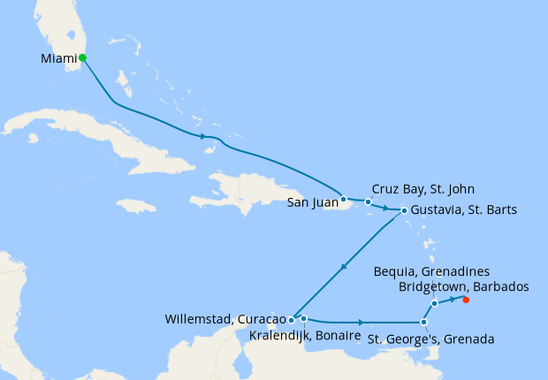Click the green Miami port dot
82,57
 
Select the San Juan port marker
343,199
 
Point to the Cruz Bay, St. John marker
369,202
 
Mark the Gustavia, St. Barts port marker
404,210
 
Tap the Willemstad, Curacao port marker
291,320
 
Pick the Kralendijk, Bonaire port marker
303,318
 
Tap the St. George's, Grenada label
430,339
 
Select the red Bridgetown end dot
466,300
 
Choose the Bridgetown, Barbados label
464,286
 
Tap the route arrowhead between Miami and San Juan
205,136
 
